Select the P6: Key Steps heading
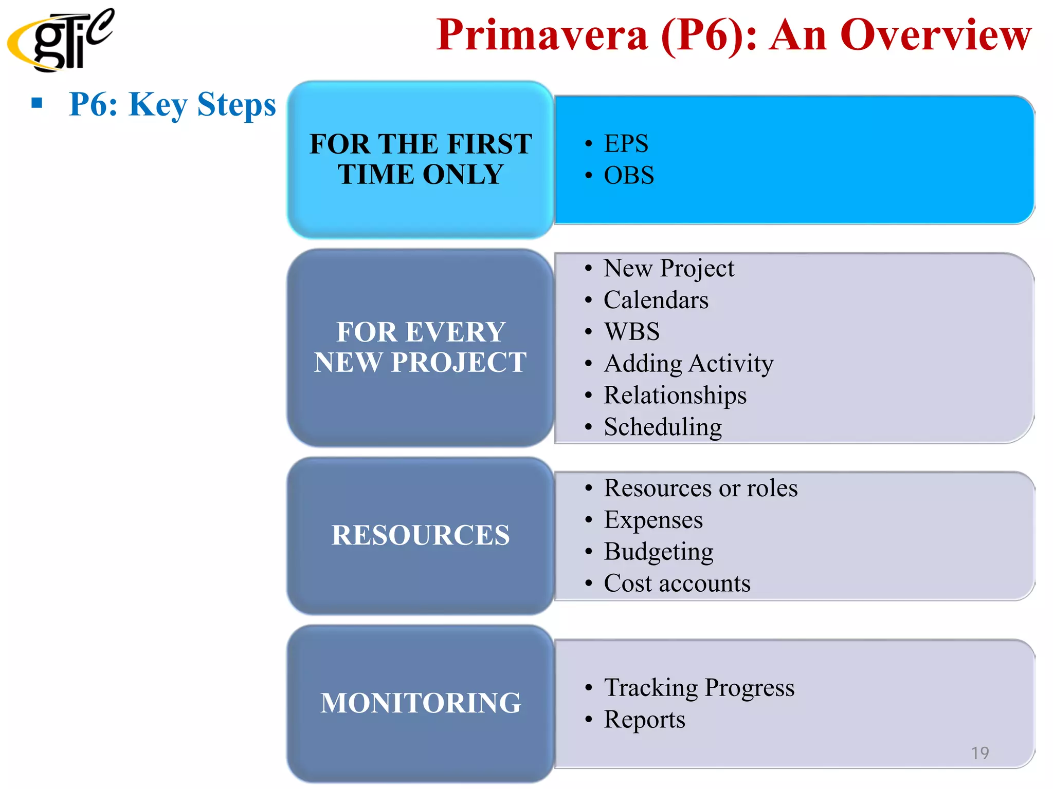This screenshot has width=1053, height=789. [x=172, y=104]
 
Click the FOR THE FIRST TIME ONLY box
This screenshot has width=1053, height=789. [x=421, y=159]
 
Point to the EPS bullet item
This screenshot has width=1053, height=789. [x=626, y=143]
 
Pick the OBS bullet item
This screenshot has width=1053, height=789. [x=628, y=175]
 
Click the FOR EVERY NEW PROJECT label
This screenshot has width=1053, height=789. [x=421, y=347]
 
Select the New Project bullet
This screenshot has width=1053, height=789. [x=668, y=268]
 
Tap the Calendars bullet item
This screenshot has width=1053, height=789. [x=656, y=300]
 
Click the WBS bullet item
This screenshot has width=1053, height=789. [x=631, y=331]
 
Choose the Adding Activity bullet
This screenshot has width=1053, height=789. [x=688, y=364]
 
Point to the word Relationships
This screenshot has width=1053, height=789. [x=675, y=396]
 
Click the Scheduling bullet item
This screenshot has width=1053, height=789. [x=662, y=427]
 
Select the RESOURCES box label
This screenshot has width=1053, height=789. [x=421, y=535]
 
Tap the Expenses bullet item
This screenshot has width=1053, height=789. [x=653, y=520]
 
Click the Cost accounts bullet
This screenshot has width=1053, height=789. [x=677, y=584]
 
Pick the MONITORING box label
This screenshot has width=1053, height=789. [x=421, y=703]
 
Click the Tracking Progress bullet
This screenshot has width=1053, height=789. [x=698, y=688]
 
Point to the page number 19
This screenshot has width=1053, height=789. [x=979, y=753]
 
